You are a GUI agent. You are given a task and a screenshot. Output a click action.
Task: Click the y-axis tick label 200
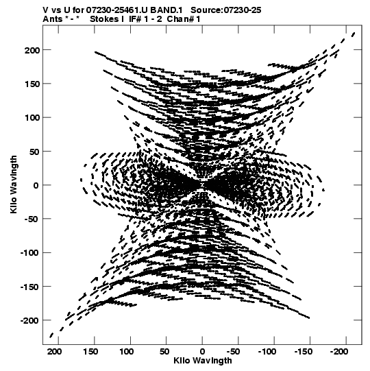click(32, 50)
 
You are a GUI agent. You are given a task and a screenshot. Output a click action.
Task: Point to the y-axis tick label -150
click(29, 287)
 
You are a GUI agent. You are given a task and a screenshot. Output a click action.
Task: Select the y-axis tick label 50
click(34, 152)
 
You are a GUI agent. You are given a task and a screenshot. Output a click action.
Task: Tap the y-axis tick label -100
click(29, 253)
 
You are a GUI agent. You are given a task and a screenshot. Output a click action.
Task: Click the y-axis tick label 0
click(36, 185)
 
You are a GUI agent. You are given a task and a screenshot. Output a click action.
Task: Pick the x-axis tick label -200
click(338, 352)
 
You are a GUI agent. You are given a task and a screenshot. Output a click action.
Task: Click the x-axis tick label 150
click(90, 352)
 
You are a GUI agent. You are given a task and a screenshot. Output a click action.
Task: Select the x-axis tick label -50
click(234, 352)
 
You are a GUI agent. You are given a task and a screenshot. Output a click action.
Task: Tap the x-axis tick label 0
click(202, 352)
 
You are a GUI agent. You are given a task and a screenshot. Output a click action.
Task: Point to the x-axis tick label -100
click(267, 352)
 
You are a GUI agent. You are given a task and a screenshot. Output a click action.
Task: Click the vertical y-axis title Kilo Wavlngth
click(14, 184)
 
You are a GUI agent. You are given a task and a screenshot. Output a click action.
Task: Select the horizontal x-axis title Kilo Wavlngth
click(203, 361)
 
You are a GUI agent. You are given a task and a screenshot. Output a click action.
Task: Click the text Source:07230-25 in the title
click(226, 10)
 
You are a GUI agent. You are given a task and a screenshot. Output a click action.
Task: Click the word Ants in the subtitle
click(53, 19)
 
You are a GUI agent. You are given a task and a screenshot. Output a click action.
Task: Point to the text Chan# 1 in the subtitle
click(184, 19)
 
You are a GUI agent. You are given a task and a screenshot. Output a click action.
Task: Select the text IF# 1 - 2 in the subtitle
click(145, 19)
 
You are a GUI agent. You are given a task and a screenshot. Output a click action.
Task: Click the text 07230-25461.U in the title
click(116, 10)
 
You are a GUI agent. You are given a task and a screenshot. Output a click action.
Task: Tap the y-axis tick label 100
click(32, 117)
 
